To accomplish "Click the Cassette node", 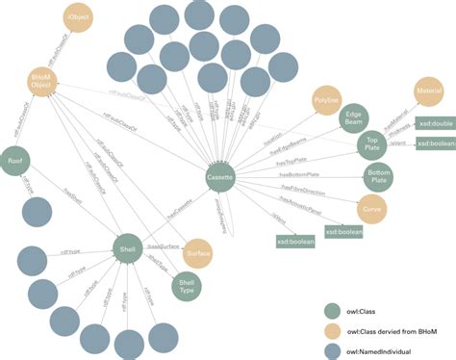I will tap(219, 179).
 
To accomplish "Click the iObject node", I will tap(80, 18).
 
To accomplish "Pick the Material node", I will tap(428, 92).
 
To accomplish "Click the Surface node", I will tap(198, 252).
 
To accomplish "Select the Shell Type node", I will tap(188, 284).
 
